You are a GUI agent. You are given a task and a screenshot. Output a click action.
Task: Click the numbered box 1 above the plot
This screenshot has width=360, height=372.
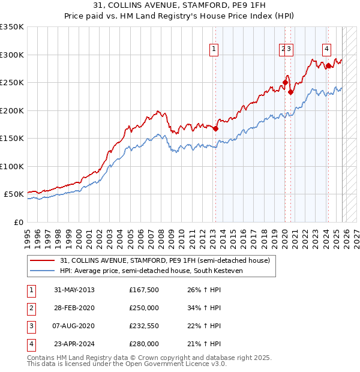(214, 50)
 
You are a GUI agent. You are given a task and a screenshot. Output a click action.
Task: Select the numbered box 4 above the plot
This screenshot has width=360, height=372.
(326, 50)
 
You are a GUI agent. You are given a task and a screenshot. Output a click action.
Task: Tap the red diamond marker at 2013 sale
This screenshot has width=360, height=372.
(215, 128)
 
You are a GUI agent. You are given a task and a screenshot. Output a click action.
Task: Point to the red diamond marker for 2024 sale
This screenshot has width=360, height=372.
(328, 65)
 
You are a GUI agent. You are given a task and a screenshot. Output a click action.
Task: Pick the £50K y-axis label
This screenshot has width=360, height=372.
(14, 194)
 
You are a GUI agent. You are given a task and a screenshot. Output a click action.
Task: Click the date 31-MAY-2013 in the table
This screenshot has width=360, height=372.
(74, 290)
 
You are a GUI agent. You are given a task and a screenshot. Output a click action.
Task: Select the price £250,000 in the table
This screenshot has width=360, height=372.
(144, 308)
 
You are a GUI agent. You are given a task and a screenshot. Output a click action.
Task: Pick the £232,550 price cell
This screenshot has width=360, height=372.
(144, 326)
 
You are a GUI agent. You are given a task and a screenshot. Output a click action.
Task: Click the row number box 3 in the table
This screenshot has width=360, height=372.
(30, 326)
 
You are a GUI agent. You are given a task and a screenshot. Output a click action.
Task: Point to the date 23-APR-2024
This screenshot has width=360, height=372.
(74, 344)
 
